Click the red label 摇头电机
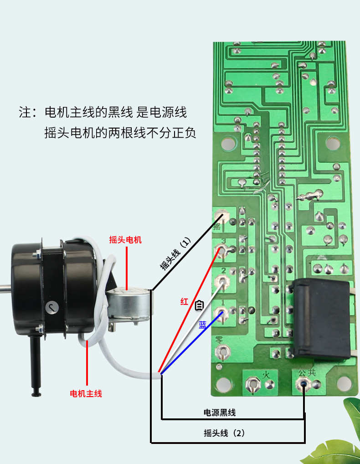click(125, 240)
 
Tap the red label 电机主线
click(86, 393)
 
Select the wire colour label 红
click(184, 301)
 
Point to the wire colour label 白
click(199, 305)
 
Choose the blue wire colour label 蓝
click(202, 325)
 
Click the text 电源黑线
click(219, 412)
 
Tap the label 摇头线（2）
click(224, 433)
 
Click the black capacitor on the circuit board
click(321, 319)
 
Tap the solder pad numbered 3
click(221, 250)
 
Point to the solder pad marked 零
click(223, 352)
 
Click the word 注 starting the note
click(24, 112)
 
